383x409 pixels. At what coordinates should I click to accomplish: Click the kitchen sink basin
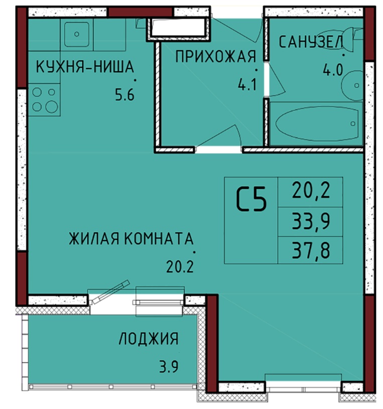(77, 34)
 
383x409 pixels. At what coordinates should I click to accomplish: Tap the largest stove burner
(52, 107)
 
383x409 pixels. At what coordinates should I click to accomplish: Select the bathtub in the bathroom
(317, 124)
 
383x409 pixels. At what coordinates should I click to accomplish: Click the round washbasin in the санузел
(352, 85)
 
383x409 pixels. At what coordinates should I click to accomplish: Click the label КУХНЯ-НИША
(85, 66)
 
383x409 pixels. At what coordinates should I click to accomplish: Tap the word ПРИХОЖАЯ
(216, 57)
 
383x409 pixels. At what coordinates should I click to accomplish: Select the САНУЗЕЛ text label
(311, 42)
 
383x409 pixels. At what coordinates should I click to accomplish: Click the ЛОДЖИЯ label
(149, 339)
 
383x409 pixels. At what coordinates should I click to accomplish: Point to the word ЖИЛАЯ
(94, 238)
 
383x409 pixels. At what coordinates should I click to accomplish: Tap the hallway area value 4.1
(247, 84)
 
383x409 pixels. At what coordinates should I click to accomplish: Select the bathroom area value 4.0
(333, 70)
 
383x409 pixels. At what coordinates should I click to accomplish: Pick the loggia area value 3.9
(169, 366)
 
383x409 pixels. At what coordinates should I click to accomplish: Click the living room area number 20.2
(180, 267)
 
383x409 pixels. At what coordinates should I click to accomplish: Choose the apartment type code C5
(251, 199)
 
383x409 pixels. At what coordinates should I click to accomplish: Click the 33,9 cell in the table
(311, 221)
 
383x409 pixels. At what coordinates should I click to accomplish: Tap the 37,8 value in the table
(311, 250)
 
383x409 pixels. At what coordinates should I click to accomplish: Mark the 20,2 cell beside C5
(311, 190)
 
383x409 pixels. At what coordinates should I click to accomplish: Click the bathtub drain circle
(353, 124)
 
